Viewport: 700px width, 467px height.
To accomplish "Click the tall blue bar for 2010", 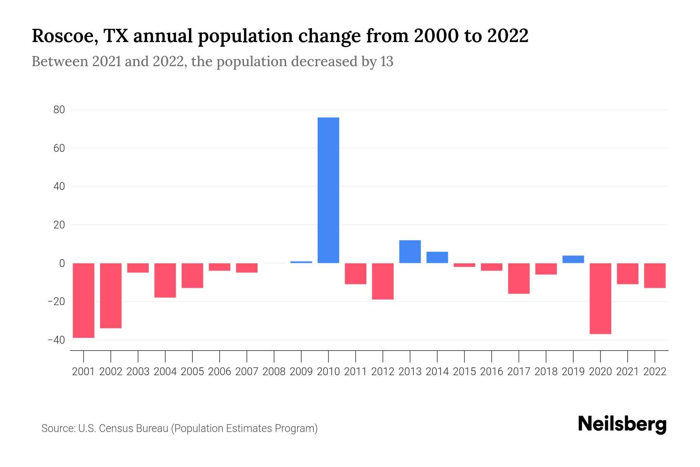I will [328, 190].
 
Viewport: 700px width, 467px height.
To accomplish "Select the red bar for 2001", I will [84, 300].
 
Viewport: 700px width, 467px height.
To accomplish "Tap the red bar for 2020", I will [600, 298].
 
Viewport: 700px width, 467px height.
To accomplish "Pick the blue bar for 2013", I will [410, 252].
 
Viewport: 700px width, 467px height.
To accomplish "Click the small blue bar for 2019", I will [573, 259].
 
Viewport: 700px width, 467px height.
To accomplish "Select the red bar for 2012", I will [383, 281].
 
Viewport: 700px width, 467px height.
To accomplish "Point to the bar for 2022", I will [654, 276].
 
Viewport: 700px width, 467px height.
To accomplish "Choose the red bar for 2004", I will [165, 280].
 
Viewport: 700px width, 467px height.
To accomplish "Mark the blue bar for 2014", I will [437, 257].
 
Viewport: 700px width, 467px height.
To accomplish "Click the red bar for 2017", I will [518, 278].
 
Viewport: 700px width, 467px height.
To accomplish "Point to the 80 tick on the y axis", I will [59, 110].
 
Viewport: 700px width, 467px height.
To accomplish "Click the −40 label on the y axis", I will [56, 340].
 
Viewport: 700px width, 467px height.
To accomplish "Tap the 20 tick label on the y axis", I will [59, 225].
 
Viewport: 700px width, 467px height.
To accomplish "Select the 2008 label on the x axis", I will [274, 372].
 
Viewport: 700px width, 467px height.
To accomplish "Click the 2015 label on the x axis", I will [464, 372].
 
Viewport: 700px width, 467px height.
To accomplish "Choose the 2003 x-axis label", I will [138, 372].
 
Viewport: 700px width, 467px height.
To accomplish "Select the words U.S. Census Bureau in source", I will [123, 428].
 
